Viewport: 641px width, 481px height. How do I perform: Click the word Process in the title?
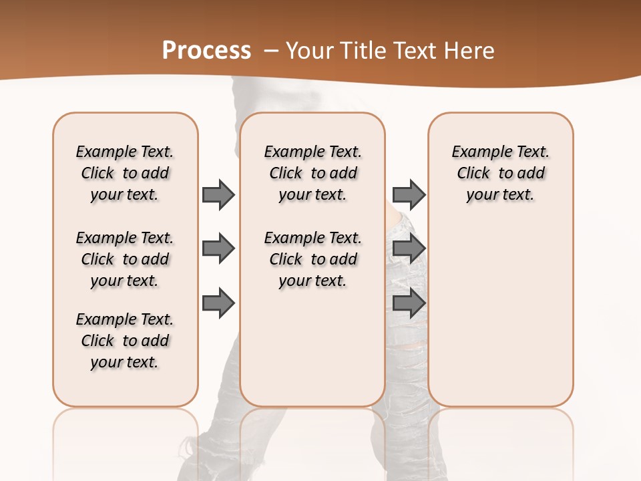pyautogui.click(x=206, y=50)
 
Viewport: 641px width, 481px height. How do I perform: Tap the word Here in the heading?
pyautogui.click(x=471, y=50)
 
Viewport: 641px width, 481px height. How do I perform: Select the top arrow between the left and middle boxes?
pyautogui.click(x=218, y=194)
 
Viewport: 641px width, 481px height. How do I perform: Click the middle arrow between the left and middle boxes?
pyautogui.click(x=218, y=249)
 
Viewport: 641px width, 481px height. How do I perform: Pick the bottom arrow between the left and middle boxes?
pyautogui.click(x=218, y=303)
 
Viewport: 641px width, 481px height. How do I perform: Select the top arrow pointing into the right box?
pyautogui.click(x=409, y=194)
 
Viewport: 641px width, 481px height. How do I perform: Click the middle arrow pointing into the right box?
pyautogui.click(x=409, y=249)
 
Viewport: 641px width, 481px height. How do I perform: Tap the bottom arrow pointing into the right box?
pyautogui.click(x=409, y=303)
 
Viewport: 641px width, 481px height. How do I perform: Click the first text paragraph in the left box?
pyautogui.click(x=125, y=173)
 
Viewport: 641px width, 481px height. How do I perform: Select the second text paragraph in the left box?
pyautogui.click(x=125, y=259)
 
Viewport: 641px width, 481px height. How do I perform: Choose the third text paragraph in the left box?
pyautogui.click(x=125, y=341)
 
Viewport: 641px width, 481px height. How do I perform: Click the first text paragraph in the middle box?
pyautogui.click(x=312, y=173)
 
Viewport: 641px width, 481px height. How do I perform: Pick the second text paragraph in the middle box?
pyautogui.click(x=312, y=259)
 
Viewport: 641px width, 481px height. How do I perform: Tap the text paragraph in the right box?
pyautogui.click(x=500, y=173)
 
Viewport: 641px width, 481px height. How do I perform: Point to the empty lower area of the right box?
pyautogui.click(x=500, y=314)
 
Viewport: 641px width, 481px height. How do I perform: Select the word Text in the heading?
pyautogui.click(x=419, y=50)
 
